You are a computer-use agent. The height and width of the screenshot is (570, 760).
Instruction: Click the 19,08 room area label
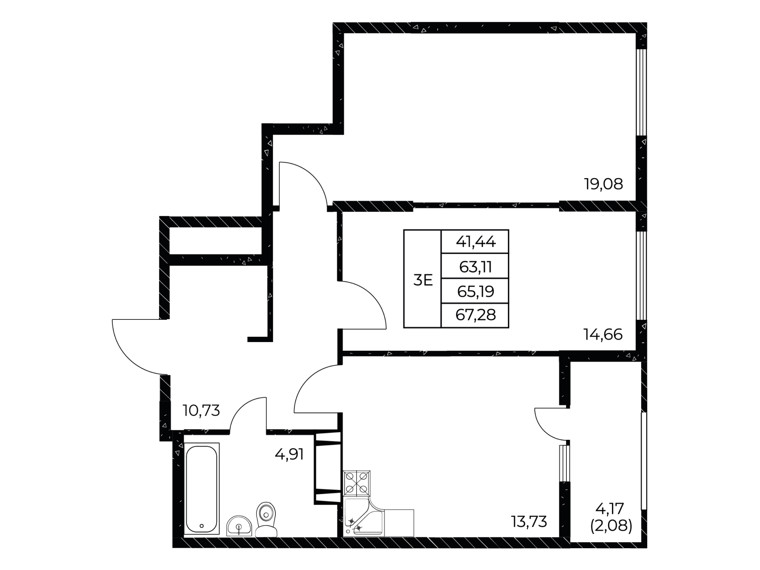pyautogui.click(x=604, y=184)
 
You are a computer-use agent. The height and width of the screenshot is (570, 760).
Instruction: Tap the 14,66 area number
pyautogui.click(x=603, y=335)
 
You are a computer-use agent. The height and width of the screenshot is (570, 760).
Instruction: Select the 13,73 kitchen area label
pyautogui.click(x=529, y=522)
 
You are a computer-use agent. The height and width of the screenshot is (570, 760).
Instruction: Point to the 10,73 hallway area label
pyautogui.click(x=201, y=410)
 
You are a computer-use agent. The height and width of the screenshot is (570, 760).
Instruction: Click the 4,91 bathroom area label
pyautogui.click(x=289, y=454)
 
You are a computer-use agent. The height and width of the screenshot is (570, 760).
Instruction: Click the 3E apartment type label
pyautogui.click(x=423, y=280)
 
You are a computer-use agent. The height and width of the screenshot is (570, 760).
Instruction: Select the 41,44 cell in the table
pyautogui.click(x=475, y=241)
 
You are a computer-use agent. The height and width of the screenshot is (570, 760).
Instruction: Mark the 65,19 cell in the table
pyautogui.click(x=475, y=291)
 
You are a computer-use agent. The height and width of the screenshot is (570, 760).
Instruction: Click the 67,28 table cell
pyautogui.click(x=475, y=315)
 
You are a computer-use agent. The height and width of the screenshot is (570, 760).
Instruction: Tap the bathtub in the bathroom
pyautogui.click(x=201, y=489)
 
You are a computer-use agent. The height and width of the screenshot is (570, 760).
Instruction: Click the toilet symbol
pyautogui.click(x=266, y=519)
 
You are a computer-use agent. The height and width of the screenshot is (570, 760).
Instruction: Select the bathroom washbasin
pyautogui.click(x=239, y=526)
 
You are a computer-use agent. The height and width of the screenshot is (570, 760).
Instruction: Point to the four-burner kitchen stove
pyautogui.click(x=357, y=483)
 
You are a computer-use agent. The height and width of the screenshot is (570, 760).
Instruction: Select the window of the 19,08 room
pyautogui.click(x=641, y=92)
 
